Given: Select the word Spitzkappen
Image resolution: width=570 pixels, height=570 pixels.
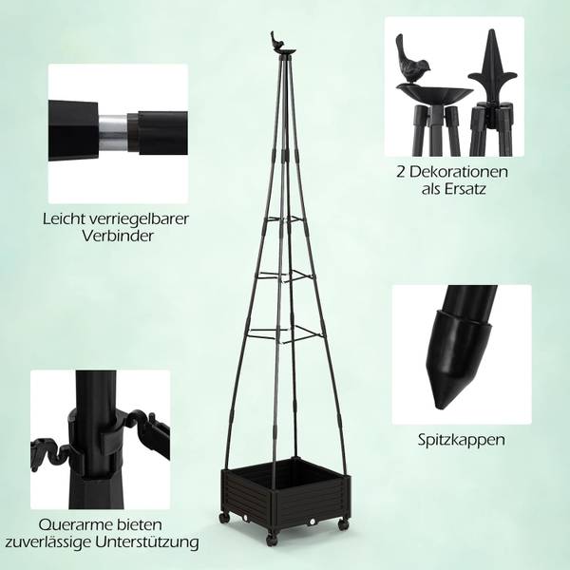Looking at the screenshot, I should click(x=461, y=440).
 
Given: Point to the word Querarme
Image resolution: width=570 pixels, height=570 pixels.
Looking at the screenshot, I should click(x=72, y=524).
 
